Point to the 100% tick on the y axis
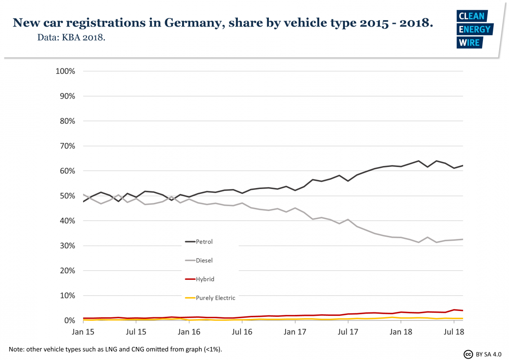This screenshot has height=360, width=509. coord(65,72)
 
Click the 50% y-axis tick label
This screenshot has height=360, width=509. coord(67,196)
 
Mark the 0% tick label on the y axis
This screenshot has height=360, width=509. coord(68,321)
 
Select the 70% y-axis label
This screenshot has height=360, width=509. coord(67,146)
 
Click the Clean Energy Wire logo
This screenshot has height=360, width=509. coord(475,30)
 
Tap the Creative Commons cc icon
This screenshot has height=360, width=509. coord(468,354)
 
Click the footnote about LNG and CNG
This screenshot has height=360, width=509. coord(116,349)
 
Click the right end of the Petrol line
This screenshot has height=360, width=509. coord(463,166)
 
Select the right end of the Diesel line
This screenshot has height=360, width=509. coord(463,239)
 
